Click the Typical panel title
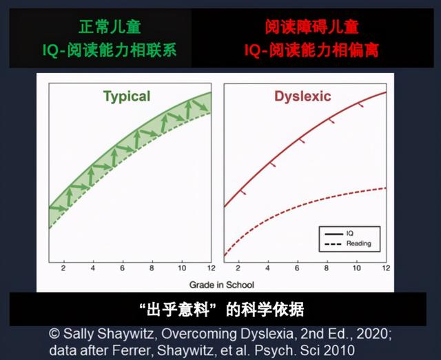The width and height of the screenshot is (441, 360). coord(127,96)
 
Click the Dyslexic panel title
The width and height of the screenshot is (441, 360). coord(303,96)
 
